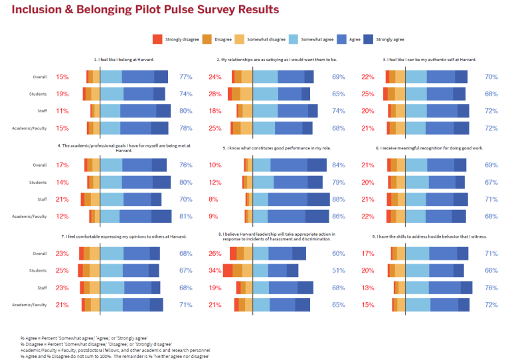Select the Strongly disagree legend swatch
157,39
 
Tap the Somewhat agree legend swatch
297,39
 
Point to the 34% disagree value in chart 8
215,270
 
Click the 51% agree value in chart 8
339,270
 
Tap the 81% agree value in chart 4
186,216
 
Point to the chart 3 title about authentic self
426,59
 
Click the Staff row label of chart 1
40,111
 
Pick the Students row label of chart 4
38,182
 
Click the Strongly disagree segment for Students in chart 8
227,270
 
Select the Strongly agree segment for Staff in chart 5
319,199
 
